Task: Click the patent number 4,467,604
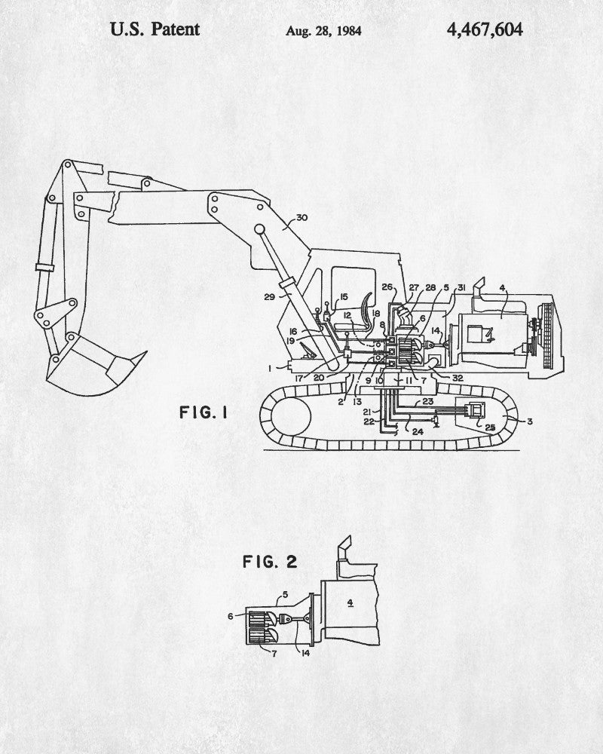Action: pyautogui.click(x=484, y=30)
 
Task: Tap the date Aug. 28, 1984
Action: pyautogui.click(x=323, y=31)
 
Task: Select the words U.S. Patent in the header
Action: pyautogui.click(x=155, y=29)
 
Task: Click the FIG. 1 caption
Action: pyautogui.click(x=204, y=412)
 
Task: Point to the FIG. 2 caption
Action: pyautogui.click(x=270, y=561)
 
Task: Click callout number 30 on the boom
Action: pyautogui.click(x=301, y=218)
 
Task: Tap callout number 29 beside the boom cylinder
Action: pyautogui.click(x=269, y=296)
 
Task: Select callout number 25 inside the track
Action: pyautogui.click(x=489, y=427)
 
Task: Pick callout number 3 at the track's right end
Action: pyautogui.click(x=529, y=421)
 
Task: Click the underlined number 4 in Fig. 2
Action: pyautogui.click(x=350, y=602)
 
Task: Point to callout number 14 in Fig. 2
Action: pyautogui.click(x=305, y=652)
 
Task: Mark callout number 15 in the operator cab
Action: pyautogui.click(x=343, y=297)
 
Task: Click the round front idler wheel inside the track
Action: pyautogui.click(x=288, y=414)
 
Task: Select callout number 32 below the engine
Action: pyautogui.click(x=458, y=378)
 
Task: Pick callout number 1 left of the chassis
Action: pyautogui.click(x=271, y=369)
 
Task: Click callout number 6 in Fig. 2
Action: pyautogui.click(x=231, y=616)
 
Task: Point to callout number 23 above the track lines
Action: pyautogui.click(x=428, y=401)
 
